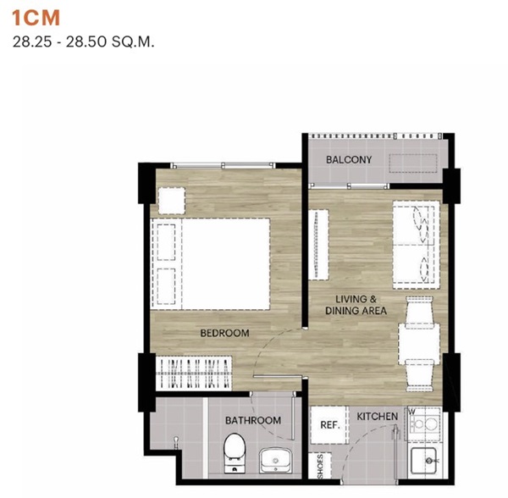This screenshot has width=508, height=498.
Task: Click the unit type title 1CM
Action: tap(36, 18)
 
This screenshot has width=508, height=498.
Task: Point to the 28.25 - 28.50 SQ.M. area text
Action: tap(83, 42)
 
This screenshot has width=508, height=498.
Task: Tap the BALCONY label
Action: tap(349, 160)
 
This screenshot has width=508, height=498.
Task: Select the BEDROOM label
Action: tap(224, 333)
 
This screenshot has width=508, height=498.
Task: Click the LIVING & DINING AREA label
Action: tap(356, 305)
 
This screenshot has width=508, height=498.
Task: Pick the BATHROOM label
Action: tap(253, 421)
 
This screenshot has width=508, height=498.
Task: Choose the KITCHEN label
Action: tap(377, 417)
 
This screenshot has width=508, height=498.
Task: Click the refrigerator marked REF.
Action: tap(330, 425)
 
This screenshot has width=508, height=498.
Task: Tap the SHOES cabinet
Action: tap(320, 466)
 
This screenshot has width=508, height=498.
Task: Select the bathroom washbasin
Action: tap(275, 460)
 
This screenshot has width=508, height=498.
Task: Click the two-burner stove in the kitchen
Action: tap(424, 423)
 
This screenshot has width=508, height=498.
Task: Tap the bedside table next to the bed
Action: tap(172, 201)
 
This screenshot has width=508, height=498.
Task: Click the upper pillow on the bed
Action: tap(166, 242)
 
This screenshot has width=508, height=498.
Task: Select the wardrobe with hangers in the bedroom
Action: tap(194, 373)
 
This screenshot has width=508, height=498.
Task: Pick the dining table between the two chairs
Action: tap(419, 344)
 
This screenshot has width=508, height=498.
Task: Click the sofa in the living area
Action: tap(416, 245)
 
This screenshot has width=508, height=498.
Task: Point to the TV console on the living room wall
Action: tap(318, 245)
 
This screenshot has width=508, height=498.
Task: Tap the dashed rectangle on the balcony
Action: tap(413, 163)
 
